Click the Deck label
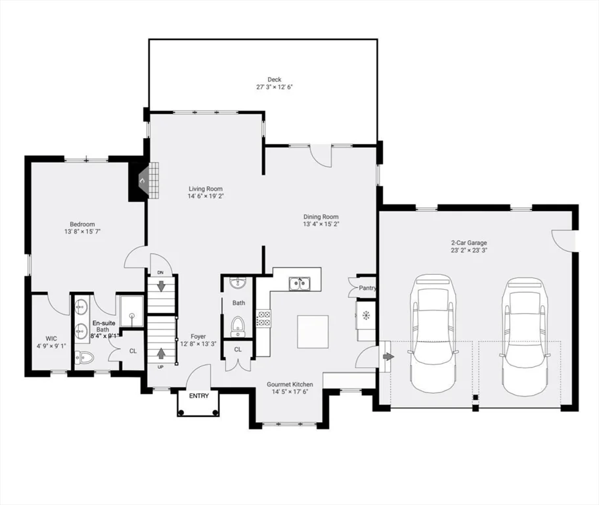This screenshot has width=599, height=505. (x=274, y=80)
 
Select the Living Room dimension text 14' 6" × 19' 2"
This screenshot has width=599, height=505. (x=206, y=196)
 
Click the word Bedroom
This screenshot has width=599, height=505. (x=83, y=224)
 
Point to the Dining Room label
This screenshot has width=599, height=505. (x=321, y=217)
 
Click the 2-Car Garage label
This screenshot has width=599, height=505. (x=469, y=243)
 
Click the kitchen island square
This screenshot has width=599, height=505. (x=313, y=331)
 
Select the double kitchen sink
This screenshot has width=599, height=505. (x=299, y=283)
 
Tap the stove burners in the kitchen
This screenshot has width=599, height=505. (x=263, y=318)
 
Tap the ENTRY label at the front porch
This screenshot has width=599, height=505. (x=198, y=396)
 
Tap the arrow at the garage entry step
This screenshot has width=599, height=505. (x=388, y=356)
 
